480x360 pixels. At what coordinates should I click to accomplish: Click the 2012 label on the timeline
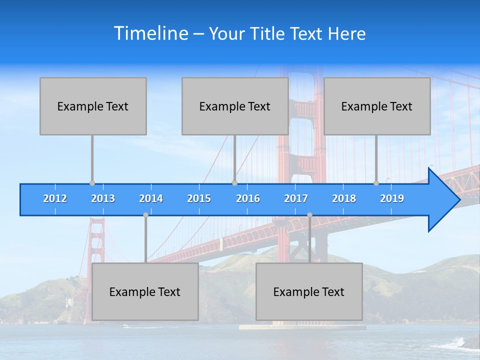(55, 198)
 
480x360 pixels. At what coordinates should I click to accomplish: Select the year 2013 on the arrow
(103, 198)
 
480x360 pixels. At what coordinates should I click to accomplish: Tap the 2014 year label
(151, 198)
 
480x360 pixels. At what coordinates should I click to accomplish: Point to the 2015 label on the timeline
(199, 198)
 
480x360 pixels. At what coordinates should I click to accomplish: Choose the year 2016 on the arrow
(248, 198)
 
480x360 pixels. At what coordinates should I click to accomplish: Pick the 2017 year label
(296, 198)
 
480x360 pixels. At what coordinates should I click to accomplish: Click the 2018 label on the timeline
(344, 198)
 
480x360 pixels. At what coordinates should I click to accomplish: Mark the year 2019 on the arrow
(392, 198)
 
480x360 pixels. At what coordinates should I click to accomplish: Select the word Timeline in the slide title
(151, 33)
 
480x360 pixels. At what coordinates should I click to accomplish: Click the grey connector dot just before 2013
(92, 183)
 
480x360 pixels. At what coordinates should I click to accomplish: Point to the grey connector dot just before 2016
(234, 183)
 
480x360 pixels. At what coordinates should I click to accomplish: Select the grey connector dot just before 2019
(376, 183)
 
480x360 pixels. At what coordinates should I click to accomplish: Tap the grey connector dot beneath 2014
(145, 214)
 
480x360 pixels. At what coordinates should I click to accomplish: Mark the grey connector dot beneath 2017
(309, 214)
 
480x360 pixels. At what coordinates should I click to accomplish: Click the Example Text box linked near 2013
(93, 106)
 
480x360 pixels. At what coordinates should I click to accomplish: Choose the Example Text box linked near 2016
(235, 106)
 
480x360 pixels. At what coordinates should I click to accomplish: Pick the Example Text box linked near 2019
(377, 106)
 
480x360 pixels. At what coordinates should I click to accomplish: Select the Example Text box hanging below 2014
(145, 291)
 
